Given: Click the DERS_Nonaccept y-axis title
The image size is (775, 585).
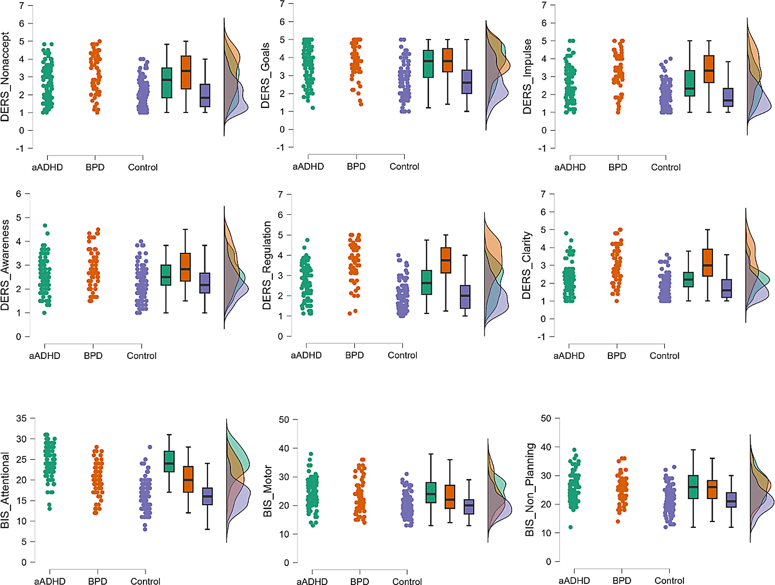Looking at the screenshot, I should [x=5, y=77].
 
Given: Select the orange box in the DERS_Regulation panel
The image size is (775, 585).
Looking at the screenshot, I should [x=446, y=260].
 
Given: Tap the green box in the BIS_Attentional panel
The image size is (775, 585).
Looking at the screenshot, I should [x=169, y=461].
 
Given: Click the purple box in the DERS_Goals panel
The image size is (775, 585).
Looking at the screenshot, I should [x=467, y=82].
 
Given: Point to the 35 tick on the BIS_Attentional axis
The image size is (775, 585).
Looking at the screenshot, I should [x=22, y=418].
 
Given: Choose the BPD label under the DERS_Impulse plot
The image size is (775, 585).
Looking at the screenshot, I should [x=618, y=167].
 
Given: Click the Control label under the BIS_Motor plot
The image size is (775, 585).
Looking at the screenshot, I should [x=407, y=582].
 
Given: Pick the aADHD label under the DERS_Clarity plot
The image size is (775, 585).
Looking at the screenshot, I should [x=569, y=356].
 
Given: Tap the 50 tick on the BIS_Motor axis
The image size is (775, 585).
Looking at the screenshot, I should [x=284, y=420].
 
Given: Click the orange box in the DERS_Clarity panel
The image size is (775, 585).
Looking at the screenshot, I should [x=707, y=262].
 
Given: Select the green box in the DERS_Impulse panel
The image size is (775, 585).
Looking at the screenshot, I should [x=690, y=83].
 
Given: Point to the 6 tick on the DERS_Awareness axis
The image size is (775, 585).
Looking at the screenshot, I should [x=19, y=194].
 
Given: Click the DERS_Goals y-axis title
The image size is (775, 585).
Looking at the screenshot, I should [x=265, y=76].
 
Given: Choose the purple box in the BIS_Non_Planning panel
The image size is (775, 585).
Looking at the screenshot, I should [x=731, y=500].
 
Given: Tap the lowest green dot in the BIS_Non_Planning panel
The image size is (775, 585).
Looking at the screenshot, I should [x=570, y=527].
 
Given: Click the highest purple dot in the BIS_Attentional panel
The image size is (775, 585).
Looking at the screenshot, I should [x=150, y=447].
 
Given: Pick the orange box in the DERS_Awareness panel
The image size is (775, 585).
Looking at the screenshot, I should [x=185, y=267].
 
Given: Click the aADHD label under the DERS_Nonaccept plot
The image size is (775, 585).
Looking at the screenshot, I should [x=47, y=167].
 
